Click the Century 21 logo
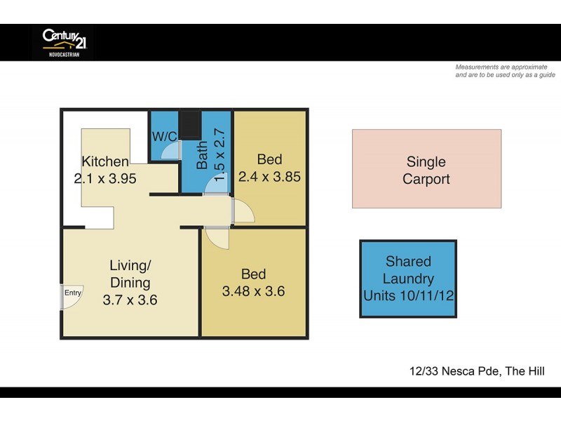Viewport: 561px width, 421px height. pos(63,41)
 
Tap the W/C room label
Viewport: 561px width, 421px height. pos(164,136)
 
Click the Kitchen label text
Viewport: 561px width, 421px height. pos(105,161)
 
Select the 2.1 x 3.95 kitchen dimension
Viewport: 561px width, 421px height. pos(105,178)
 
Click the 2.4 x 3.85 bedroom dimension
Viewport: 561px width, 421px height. pos(270,177)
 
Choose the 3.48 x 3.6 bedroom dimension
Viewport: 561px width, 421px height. pos(253,291)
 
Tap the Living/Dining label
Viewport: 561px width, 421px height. pos(130,274)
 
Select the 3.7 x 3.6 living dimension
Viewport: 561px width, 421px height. pos(130,300)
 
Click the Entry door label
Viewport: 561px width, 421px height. pos(73,293)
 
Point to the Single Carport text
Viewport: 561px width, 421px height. pos(426,171)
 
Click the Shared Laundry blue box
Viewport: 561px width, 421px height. pos(408,279)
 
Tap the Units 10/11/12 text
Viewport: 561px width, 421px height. pos(408,295)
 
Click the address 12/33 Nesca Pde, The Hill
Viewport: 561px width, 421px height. pos(477,371)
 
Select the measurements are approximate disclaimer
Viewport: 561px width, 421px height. pos(505,71)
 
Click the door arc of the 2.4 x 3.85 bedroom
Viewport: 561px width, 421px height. pos(243,211)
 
